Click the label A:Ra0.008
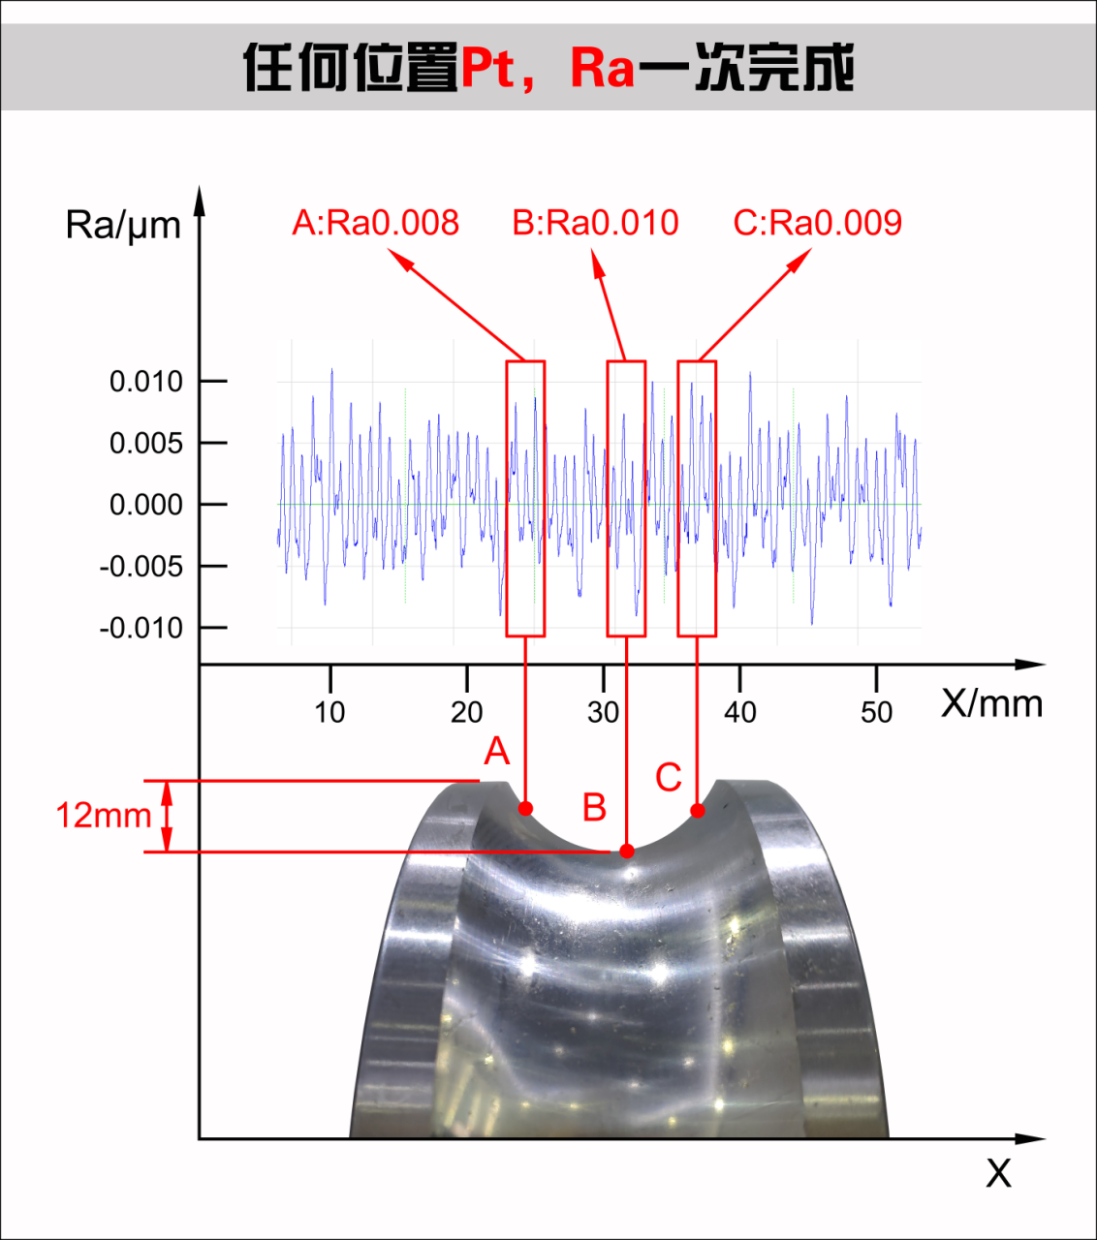(x=375, y=223)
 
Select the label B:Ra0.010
(x=596, y=223)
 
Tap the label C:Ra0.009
(x=818, y=223)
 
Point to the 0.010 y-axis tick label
(x=146, y=382)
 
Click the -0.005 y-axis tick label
(x=141, y=567)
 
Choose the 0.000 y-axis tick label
(x=146, y=505)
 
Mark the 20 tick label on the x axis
(x=466, y=712)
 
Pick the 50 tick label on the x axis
(x=877, y=712)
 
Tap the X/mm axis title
(x=991, y=704)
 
